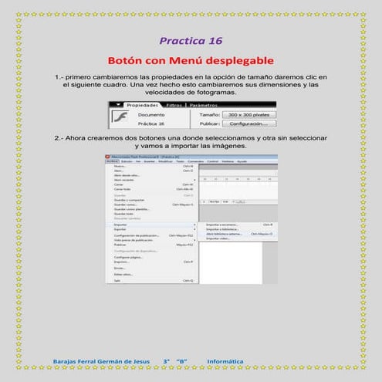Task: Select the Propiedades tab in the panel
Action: [x=142, y=105]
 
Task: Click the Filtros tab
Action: [x=174, y=105]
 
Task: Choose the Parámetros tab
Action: [x=203, y=105]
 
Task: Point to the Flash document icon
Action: [x=119, y=117]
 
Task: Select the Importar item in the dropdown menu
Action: [x=121, y=225]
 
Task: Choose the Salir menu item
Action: [x=118, y=280]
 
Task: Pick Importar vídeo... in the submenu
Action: [x=219, y=238]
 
